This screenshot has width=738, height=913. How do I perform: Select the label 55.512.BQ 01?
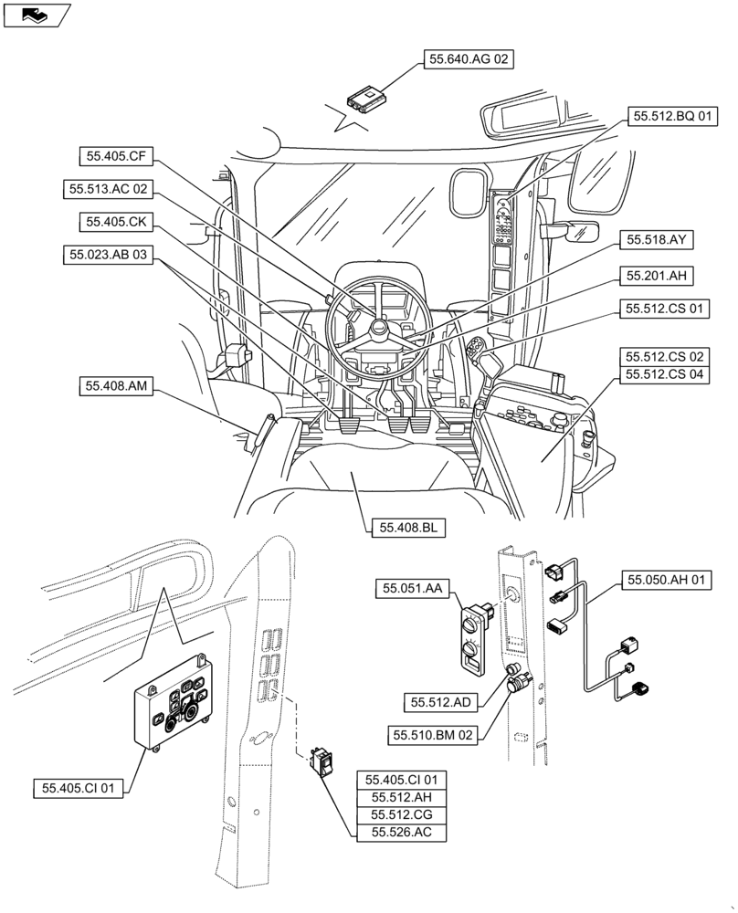[x=674, y=117]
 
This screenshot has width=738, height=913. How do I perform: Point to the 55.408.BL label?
[x=406, y=527]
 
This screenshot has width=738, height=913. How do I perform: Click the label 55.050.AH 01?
[x=668, y=580]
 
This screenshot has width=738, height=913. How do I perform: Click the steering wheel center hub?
[x=376, y=330]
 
